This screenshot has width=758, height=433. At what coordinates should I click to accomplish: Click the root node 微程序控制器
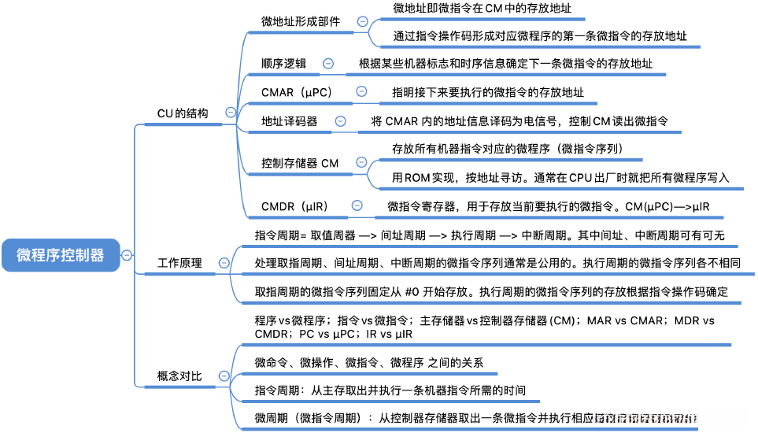pos(60,255)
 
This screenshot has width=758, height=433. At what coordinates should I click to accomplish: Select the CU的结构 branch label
pos(183,113)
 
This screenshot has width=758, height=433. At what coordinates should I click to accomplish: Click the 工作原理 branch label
pos(179,264)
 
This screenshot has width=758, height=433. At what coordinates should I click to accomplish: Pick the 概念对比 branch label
pos(179,376)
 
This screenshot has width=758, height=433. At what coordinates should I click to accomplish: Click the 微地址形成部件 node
pos(301,22)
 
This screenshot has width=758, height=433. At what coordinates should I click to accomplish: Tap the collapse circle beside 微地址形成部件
pos(362,22)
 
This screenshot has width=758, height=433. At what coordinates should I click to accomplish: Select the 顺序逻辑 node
pos(284,64)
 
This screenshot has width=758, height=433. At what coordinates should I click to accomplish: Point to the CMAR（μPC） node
pos(297,92)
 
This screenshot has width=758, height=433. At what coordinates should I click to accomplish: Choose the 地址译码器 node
pos(290,121)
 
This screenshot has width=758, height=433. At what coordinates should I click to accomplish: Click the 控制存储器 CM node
pos(300,163)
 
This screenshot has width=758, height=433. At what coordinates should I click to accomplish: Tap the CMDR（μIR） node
pos(294,206)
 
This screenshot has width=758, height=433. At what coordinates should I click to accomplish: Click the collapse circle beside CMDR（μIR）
pos(357,205)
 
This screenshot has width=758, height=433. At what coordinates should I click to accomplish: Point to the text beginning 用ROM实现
pos(560,177)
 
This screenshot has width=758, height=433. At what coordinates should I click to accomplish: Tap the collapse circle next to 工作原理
pos(224,263)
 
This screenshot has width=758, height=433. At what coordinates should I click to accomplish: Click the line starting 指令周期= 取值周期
pos(489,235)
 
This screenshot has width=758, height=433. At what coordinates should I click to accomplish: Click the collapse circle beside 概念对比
pos(224,376)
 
